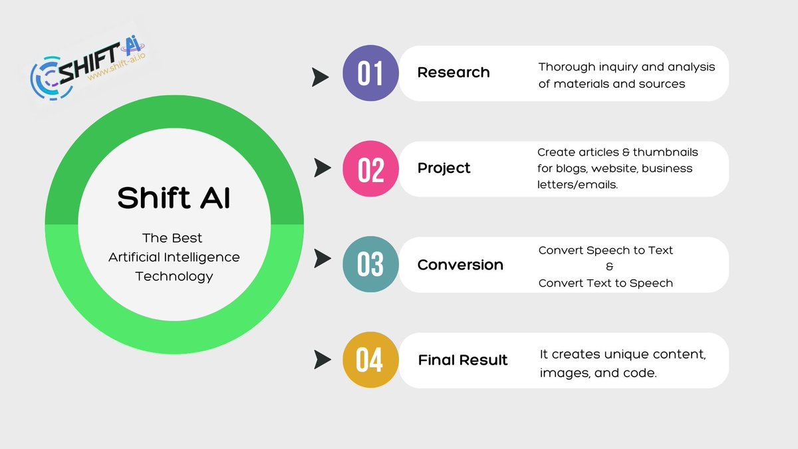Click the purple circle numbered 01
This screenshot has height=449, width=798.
tap(370, 73)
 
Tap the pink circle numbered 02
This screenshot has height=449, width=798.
tap(370, 168)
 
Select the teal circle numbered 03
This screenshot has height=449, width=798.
tap(370, 265)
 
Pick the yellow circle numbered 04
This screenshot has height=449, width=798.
tap(370, 360)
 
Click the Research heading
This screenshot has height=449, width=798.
tap(454, 73)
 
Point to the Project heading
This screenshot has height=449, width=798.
tap(444, 168)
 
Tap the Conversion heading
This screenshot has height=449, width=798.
tap(460, 265)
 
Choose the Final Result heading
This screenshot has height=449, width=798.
tap(463, 360)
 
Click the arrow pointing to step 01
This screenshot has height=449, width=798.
tap(321, 77)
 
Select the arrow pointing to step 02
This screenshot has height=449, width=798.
tap(323, 168)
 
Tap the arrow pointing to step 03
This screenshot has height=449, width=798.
tap(323, 258)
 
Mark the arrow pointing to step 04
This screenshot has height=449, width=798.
tap(323, 360)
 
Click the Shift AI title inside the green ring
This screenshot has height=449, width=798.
tap(174, 198)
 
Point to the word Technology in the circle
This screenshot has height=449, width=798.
tap(174, 277)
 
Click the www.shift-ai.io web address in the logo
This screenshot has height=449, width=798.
tap(116, 67)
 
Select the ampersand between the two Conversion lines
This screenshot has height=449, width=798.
tap(610, 267)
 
